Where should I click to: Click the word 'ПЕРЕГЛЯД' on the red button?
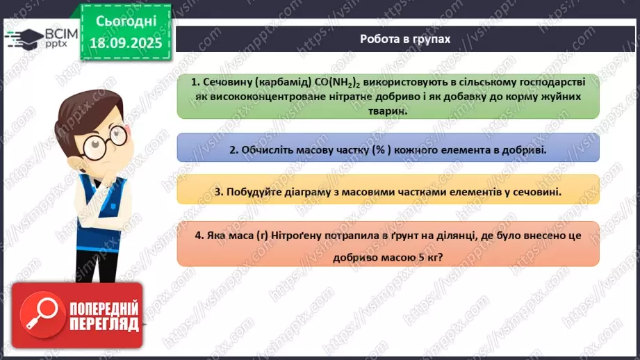point(104,325)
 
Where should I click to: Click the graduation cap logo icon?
point(23,36)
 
